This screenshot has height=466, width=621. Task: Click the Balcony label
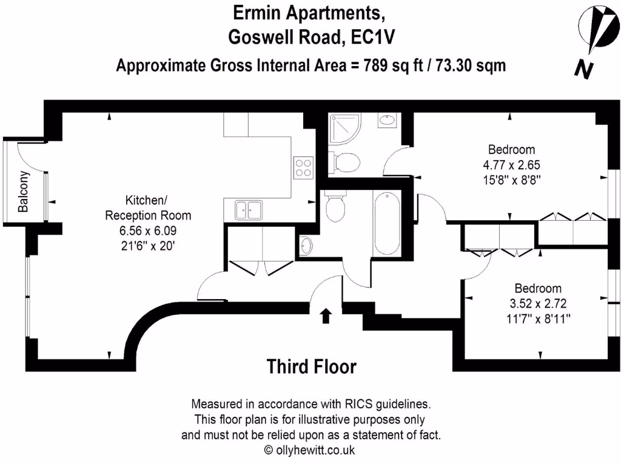click(24, 192)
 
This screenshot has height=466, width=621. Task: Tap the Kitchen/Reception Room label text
click(148, 208)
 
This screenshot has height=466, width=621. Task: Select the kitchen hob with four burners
click(304, 167)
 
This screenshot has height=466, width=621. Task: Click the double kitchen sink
click(248, 210)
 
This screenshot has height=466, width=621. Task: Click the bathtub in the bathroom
click(386, 224)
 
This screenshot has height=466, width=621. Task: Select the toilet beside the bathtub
click(335, 208)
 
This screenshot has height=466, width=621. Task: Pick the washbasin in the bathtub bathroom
click(307, 246)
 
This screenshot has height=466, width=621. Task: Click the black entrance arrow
click(326, 315)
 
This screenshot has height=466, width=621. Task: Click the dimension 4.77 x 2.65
click(511, 164)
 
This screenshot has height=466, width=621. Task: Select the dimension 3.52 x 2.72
click(537, 303)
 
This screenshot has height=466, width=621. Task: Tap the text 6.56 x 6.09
click(148, 231)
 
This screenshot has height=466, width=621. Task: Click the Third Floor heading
click(312, 366)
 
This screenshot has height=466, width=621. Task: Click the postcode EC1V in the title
click(370, 38)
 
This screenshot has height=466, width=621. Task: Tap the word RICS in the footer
click(360, 404)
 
